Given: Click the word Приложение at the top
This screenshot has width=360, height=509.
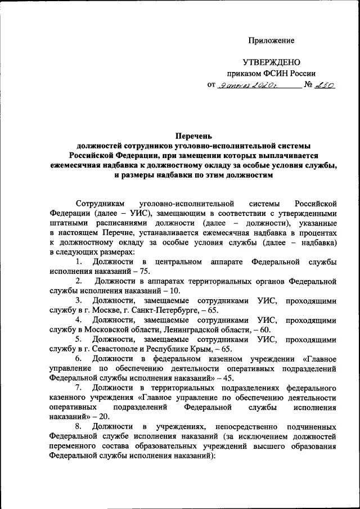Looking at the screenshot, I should (x=272, y=40).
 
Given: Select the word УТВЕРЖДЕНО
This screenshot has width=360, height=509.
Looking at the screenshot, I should (x=272, y=62).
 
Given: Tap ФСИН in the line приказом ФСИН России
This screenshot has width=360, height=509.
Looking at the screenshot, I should (x=274, y=73).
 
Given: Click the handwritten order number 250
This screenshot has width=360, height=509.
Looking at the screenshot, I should (x=326, y=85).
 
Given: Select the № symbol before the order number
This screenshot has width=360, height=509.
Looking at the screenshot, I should (x=308, y=85).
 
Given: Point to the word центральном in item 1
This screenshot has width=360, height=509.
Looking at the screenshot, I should (x=178, y=262).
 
